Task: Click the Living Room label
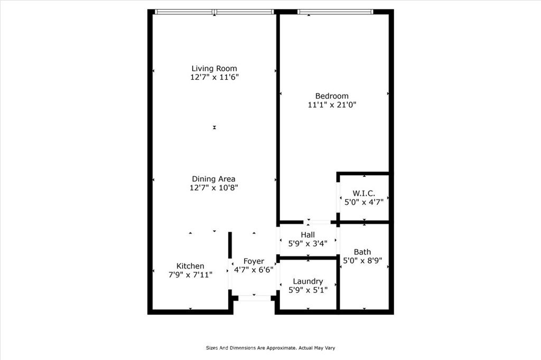214,68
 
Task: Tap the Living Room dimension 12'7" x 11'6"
214,77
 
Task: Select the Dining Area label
213,179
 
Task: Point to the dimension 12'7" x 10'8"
213,187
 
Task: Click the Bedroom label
332,96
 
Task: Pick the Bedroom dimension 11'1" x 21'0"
332,105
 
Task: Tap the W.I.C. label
363,193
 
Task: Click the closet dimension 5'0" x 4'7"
364,202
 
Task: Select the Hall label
308,235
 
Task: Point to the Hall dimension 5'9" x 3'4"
308,243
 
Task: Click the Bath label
362,252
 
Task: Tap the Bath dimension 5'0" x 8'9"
362,260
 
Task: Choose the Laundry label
308,281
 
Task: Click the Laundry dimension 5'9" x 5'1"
308,290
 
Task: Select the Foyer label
254,261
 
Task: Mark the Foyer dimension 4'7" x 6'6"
254,270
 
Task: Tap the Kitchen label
190,266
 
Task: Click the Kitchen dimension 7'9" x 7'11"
190,275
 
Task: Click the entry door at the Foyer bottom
255,298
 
